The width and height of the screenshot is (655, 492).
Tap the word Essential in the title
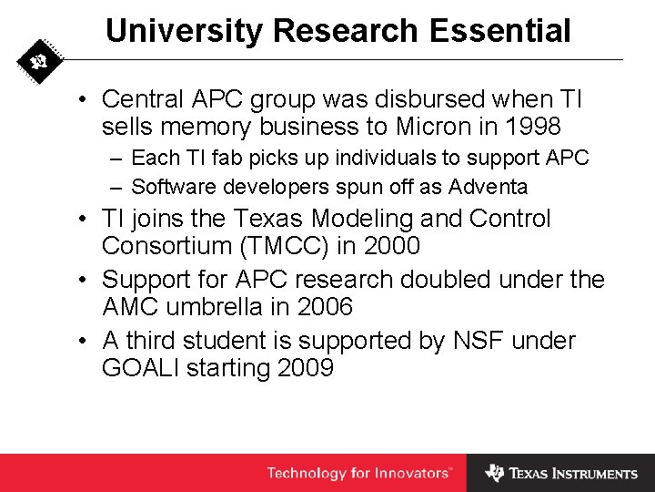tap(495, 30)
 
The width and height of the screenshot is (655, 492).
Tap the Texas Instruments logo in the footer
tap(561, 473)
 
